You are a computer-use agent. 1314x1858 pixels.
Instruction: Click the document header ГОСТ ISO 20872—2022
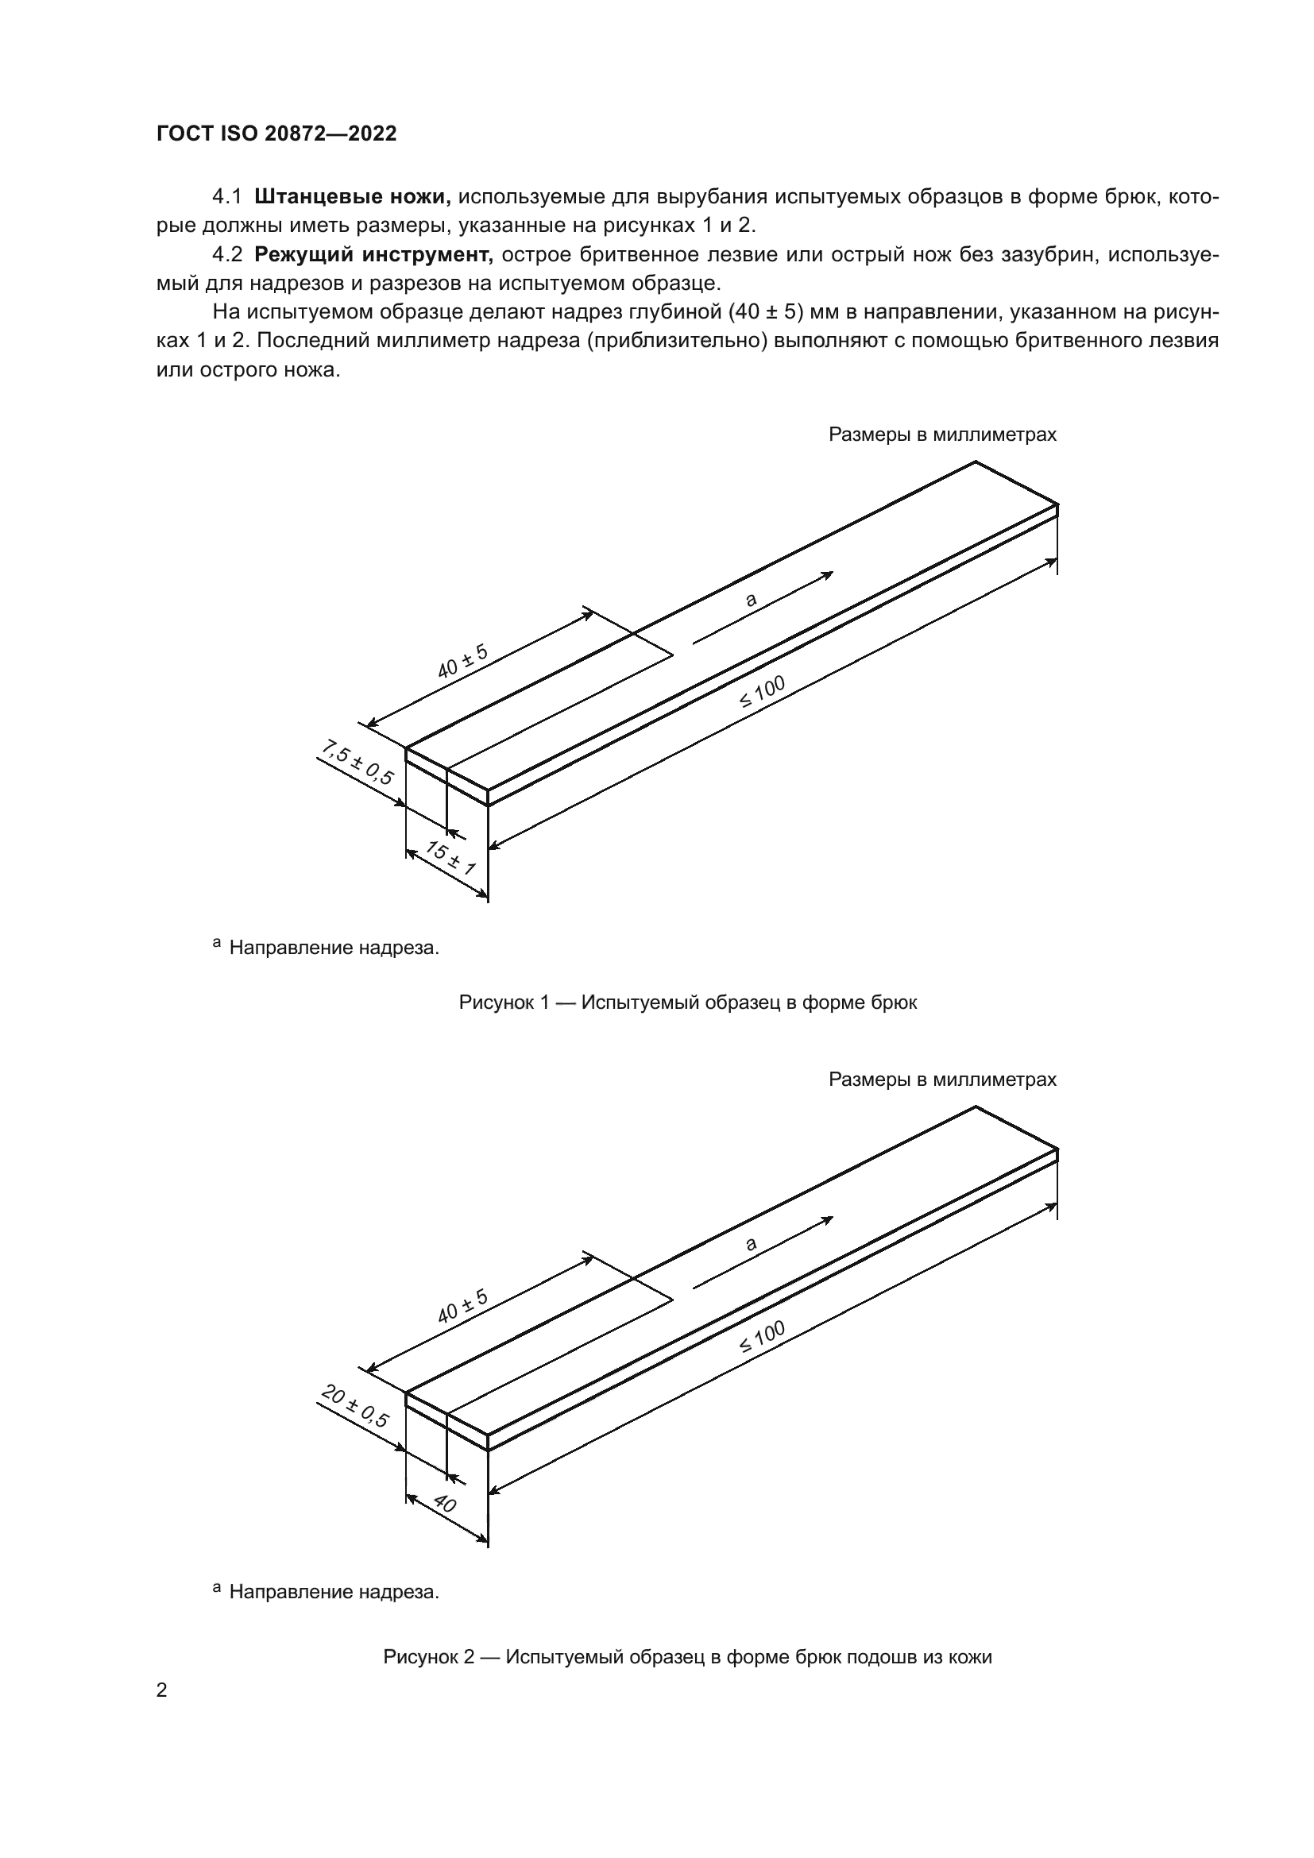coord(276,134)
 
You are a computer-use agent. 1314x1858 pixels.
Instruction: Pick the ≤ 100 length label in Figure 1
coord(762,692)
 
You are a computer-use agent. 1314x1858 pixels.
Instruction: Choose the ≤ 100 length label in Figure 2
coord(762,1337)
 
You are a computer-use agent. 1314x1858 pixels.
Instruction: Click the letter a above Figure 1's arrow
coord(751,600)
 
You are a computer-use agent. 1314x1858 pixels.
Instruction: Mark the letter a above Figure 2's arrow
coord(751,1244)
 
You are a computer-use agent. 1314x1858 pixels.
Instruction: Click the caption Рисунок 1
coord(688,1002)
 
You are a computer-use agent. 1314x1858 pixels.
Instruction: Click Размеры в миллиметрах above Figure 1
coord(942,435)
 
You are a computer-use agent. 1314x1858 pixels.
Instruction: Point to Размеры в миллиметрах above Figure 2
coord(942,1080)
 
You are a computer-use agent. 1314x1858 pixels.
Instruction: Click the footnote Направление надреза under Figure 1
coord(334,948)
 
